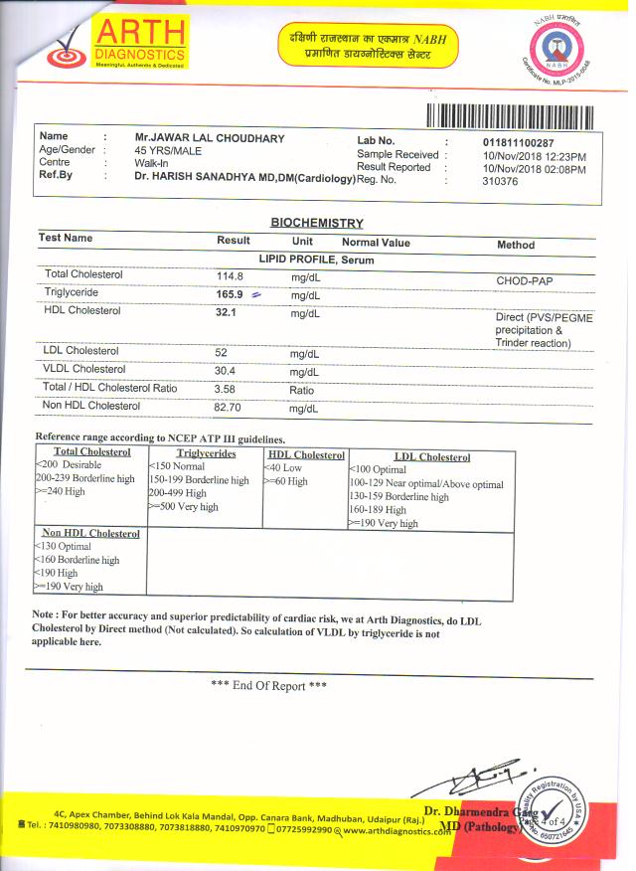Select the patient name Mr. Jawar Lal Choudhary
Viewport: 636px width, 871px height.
pyautogui.click(x=210, y=138)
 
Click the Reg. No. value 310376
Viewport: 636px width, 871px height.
pyautogui.click(x=500, y=181)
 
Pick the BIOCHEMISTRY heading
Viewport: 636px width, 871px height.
pyautogui.click(x=317, y=223)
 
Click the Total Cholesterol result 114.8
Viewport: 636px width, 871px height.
pyautogui.click(x=231, y=275)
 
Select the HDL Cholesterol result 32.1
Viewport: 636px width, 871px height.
pyautogui.click(x=230, y=312)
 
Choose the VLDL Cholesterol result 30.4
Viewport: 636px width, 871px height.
pyautogui.click(x=227, y=370)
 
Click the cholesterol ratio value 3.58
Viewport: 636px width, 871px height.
pyautogui.click(x=226, y=389)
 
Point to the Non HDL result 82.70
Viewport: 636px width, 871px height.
pyautogui.click(x=231, y=407)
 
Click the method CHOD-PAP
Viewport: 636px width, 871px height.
pyautogui.click(x=525, y=281)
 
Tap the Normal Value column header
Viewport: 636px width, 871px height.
pyautogui.click(x=376, y=243)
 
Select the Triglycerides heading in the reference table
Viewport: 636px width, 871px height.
pyautogui.click(x=206, y=453)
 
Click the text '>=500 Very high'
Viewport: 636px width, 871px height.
pyautogui.click(x=183, y=507)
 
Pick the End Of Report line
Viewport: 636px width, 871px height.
pyautogui.click(x=269, y=686)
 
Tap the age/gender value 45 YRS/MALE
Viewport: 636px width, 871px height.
pyautogui.click(x=168, y=150)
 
